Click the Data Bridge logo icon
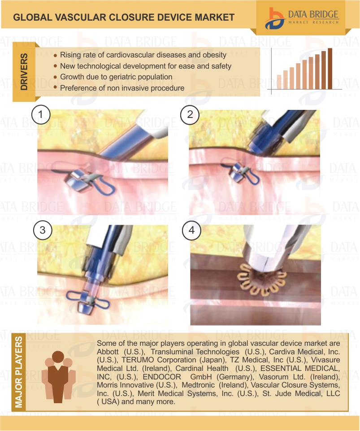(x=274, y=18)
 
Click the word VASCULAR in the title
(x=80, y=17)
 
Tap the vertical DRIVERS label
(x=24, y=72)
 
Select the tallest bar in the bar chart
(x=330, y=69)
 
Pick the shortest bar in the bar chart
(x=279, y=82)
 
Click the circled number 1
(x=41, y=114)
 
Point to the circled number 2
(x=190, y=114)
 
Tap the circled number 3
(x=43, y=230)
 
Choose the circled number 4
(x=191, y=230)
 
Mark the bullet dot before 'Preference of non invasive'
(x=56, y=87)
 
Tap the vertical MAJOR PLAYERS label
(x=19, y=372)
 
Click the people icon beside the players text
(x=58, y=377)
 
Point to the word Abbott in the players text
(x=108, y=352)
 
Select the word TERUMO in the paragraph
(x=135, y=360)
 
